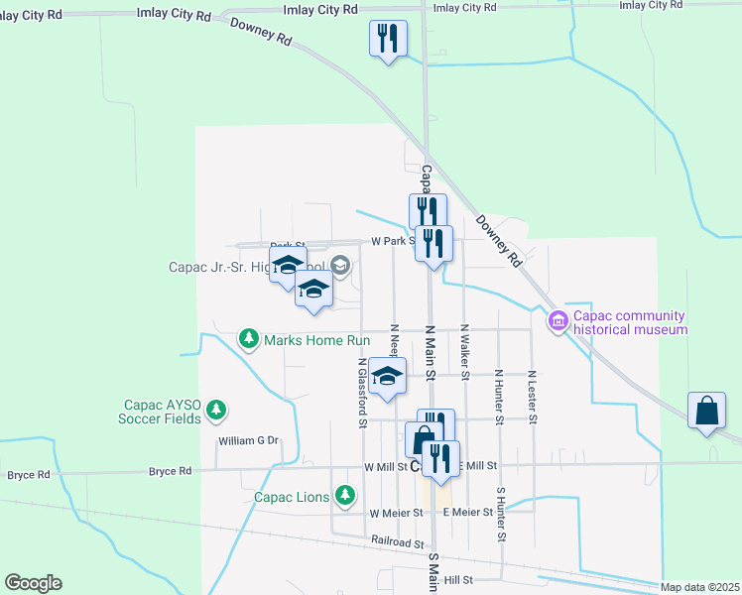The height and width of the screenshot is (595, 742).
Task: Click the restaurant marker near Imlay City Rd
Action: (387, 40)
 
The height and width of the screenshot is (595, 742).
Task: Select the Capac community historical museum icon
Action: (556, 318)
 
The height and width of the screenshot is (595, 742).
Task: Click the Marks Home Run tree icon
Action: (249, 340)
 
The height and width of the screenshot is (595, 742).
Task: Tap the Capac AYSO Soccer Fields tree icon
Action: (215, 409)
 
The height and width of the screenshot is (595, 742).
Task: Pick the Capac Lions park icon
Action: (344, 494)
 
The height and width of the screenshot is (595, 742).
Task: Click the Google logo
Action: (33, 583)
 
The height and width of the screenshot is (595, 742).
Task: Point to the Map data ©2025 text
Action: (699, 587)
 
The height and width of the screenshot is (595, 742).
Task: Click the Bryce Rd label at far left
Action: (29, 475)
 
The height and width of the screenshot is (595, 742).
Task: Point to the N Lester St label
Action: (533, 397)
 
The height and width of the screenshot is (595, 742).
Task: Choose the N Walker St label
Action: (464, 350)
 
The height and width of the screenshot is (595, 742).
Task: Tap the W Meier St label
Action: (396, 513)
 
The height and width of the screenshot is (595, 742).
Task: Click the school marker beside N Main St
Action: (388, 376)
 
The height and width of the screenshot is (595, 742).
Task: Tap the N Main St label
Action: (431, 352)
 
